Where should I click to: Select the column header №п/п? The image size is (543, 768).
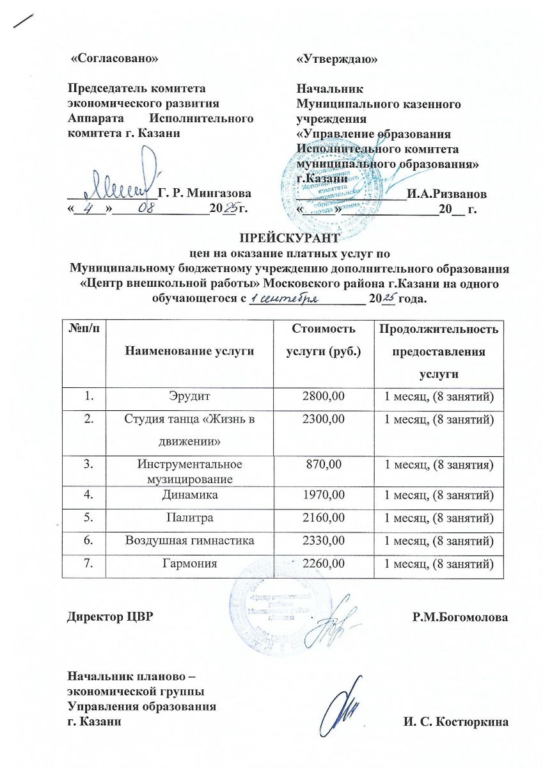point(83,328)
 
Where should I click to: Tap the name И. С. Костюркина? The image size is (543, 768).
point(455,723)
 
